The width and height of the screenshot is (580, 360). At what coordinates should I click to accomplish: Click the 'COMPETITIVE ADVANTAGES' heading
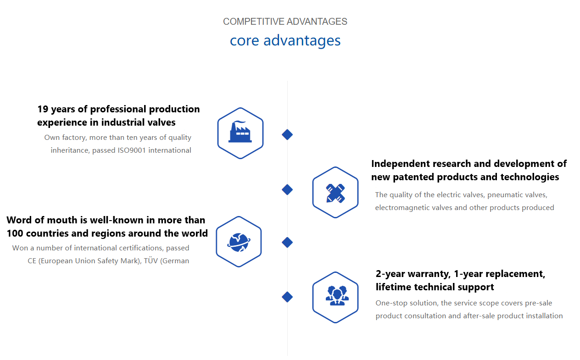285,22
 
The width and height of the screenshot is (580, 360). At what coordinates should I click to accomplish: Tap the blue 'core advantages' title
285,41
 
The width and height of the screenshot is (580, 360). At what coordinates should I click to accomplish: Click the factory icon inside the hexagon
240,132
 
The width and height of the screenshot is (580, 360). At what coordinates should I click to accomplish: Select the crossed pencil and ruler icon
335,194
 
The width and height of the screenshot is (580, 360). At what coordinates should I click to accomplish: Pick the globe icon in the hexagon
239,242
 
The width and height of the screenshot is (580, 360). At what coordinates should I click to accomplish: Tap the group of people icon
337,295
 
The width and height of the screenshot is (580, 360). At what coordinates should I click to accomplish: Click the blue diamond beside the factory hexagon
287,134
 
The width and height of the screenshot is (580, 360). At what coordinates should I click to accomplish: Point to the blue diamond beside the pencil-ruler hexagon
287,190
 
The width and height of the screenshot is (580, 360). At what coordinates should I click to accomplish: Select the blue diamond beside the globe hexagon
287,243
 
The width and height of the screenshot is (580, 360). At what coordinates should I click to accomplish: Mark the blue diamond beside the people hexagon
287,297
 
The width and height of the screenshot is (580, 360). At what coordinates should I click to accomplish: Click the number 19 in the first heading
43,109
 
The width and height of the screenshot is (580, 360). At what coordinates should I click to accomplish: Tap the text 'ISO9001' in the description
132,150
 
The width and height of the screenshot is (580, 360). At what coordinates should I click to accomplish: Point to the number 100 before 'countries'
15,233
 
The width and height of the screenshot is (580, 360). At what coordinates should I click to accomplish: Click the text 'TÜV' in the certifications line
151,260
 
